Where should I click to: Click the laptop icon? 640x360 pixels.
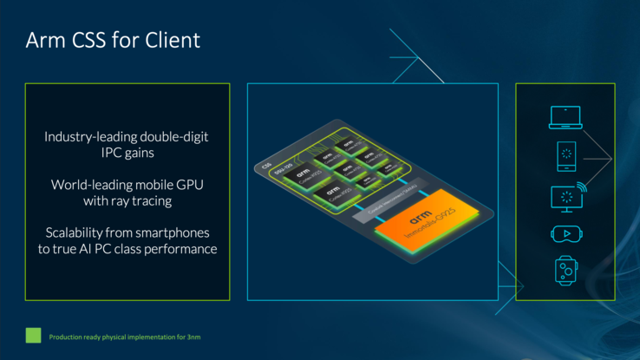(565, 117)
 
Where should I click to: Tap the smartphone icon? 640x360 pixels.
(565, 156)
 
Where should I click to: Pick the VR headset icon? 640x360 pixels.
(565, 234)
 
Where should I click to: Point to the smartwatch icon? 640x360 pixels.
(565, 271)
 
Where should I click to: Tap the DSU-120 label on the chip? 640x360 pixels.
(283, 176)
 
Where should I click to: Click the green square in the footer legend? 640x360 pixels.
(33, 335)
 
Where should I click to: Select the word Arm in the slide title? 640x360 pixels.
(42, 40)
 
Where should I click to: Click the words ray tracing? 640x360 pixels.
(144, 200)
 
